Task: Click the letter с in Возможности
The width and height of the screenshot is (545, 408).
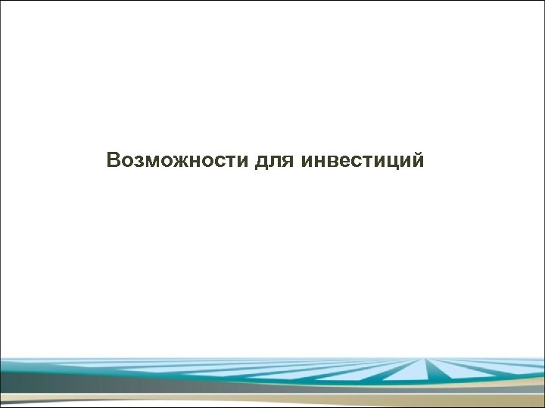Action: pyautogui.click(x=210, y=162)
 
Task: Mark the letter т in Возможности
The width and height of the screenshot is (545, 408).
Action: pyautogui.click(x=221, y=162)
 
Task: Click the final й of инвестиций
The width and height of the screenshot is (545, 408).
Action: pyautogui.click(x=417, y=160)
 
